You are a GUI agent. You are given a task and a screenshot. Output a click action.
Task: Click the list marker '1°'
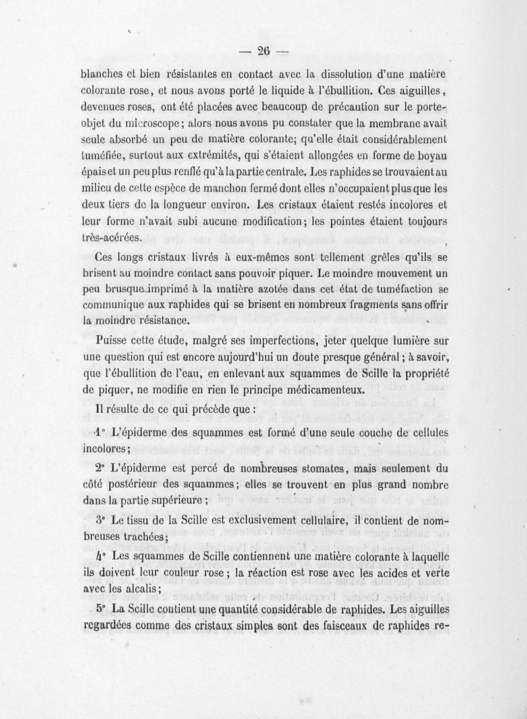coord(100,434)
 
